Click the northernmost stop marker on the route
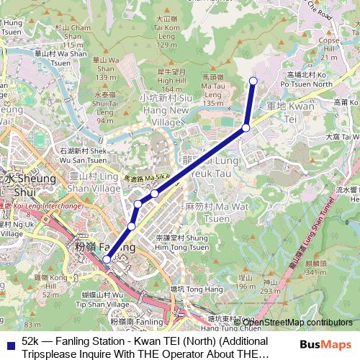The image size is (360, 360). point(253,80)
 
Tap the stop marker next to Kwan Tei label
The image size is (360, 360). point(246,127)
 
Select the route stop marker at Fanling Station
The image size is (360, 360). point(107,259)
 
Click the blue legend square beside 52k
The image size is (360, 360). point(10,341)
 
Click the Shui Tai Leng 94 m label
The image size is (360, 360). point(104,106)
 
